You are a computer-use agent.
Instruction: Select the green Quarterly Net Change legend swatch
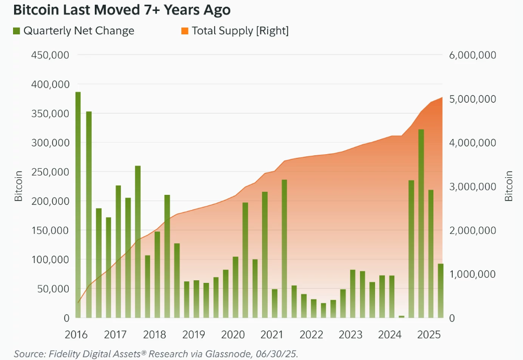point(16,31)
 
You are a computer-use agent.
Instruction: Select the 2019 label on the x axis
point(194,334)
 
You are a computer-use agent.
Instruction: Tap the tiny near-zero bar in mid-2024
point(401,316)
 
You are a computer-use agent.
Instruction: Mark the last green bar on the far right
point(440,291)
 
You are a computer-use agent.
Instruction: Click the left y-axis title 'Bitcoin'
point(19,186)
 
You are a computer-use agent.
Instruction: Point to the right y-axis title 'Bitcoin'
point(509,186)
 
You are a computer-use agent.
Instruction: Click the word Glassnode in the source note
point(229,354)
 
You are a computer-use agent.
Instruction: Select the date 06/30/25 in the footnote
point(275,354)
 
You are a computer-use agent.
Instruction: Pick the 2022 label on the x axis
point(312,334)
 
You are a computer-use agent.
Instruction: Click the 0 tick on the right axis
point(451,318)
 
